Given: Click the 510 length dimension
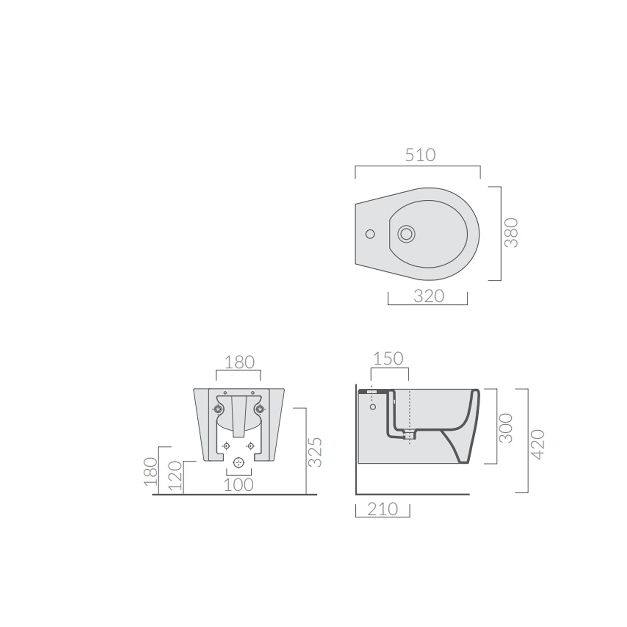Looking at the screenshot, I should point(420,155).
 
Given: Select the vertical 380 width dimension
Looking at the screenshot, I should point(511,233).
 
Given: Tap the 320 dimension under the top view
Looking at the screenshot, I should point(428,296).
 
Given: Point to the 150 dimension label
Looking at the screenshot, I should point(388,359).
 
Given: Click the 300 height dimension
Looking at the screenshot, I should point(506,428).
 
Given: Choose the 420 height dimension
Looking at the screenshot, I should point(539,444).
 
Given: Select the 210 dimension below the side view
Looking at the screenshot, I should point(382,509).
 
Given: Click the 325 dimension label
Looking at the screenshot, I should point(316,452).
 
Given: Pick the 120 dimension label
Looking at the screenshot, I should point(176,476).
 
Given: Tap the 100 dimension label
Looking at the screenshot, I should point(239,485).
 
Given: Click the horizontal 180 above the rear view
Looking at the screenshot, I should point(239,362).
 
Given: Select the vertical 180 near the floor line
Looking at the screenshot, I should point(151,471).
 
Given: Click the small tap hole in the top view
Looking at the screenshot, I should point(370,234).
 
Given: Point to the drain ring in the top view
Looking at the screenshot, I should point(406,234).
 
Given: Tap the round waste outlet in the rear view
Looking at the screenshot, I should point(239,462).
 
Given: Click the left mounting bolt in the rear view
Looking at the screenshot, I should point(218,409).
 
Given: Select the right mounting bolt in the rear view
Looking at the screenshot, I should point(260,409).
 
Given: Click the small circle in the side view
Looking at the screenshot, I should point(373,407).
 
